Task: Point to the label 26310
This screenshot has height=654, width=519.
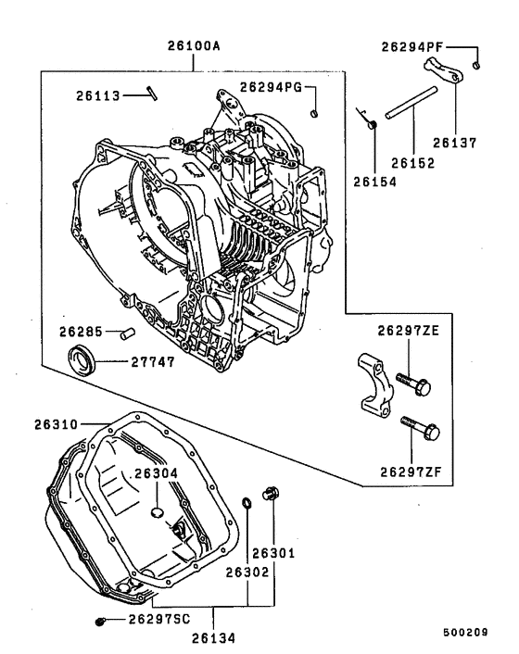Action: (x=57, y=425)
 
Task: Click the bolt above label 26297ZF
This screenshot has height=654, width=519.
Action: (x=420, y=428)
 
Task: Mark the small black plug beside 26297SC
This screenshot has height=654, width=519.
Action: (x=101, y=620)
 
